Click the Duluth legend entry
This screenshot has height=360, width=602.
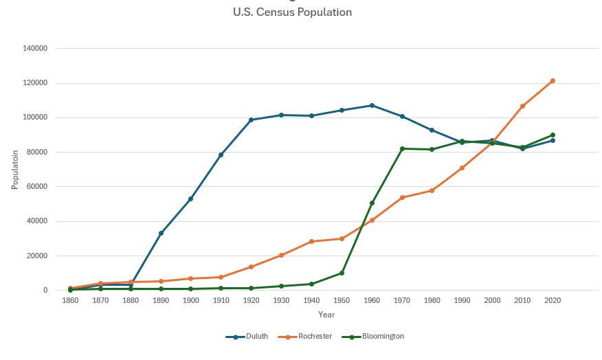pos(245,337)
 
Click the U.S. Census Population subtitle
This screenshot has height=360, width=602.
pos(292,12)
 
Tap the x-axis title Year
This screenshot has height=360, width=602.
pos(326,315)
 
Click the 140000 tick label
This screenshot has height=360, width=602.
pos(36,49)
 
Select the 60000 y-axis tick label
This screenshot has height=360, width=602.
pos(38,187)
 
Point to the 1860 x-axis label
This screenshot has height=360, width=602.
pos(70,301)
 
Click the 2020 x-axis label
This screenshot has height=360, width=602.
pos(552,301)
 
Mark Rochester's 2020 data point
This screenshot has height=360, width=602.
pos(552,81)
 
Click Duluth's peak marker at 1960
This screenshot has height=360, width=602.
pos(372,106)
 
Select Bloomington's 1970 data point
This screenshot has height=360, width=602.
pos(402,148)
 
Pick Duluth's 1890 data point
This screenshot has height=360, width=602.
pos(161,233)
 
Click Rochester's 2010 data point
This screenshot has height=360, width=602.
pos(522,106)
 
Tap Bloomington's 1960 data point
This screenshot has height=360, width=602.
pos(372,203)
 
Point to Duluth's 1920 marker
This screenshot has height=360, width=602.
pos(251,120)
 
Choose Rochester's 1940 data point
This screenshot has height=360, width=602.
pos(311,242)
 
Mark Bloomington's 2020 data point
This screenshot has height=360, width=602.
pos(552,135)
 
